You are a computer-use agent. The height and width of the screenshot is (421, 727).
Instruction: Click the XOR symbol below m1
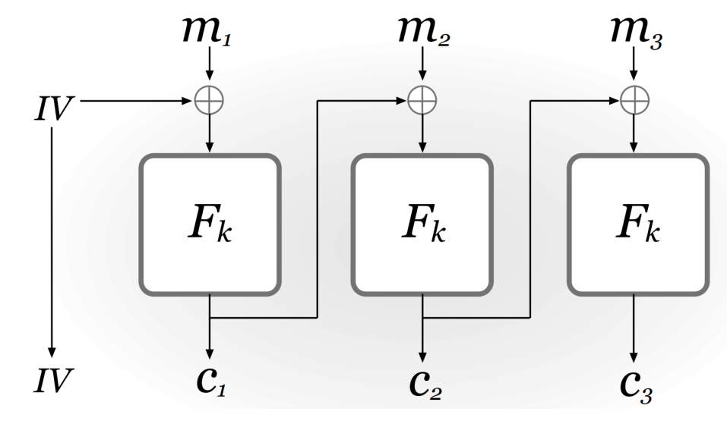coord(210,99)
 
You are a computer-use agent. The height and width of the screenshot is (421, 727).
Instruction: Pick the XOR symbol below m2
coord(422,99)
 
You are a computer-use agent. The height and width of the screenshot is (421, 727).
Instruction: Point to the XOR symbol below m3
coord(635,99)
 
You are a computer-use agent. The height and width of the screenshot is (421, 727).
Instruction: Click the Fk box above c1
coord(210,225)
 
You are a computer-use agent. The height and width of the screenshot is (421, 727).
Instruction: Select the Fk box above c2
coord(422,225)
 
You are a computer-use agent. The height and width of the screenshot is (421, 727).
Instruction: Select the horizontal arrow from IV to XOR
coord(137,99)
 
